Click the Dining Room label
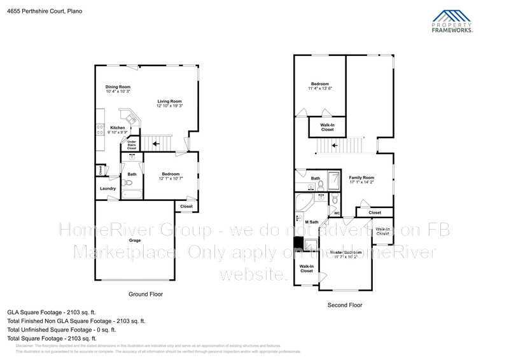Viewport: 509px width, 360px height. [x=118, y=87]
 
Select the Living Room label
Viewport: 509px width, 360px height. [x=170, y=102]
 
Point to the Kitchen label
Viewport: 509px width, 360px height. [x=118, y=128]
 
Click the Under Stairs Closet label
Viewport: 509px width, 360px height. [x=132, y=145]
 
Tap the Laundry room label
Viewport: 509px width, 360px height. [x=108, y=188]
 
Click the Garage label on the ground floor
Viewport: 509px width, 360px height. [x=135, y=240]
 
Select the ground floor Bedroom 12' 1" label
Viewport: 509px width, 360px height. [x=171, y=174]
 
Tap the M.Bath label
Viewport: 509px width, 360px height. [x=311, y=222]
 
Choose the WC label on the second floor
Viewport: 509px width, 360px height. [x=337, y=213]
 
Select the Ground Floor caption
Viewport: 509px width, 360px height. [x=146, y=294]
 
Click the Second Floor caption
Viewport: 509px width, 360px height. [x=345, y=305]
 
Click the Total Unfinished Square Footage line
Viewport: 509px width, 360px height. [x=62, y=329]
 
